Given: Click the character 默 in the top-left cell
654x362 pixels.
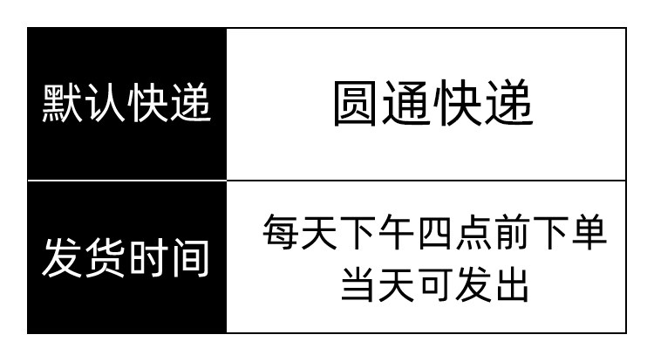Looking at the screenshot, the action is pyautogui.click(x=62, y=103).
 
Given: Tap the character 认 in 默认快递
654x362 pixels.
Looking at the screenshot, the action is pyautogui.click(x=105, y=103).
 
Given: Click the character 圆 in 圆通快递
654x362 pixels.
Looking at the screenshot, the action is pyautogui.click(x=355, y=103).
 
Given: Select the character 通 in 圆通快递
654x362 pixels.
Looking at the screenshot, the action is pyautogui.click(x=405, y=103).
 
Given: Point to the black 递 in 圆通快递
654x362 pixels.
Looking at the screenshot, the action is pyautogui.click(x=509, y=103).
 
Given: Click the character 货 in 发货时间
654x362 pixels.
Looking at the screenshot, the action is pyautogui.click(x=106, y=257).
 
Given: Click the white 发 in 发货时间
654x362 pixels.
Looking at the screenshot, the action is pyautogui.click(x=63, y=257).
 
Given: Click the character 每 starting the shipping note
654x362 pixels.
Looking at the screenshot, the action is pyautogui.click(x=280, y=232).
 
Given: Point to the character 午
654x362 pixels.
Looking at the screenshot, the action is pyautogui.click(x=395, y=232).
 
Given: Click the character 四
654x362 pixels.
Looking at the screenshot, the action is pyautogui.click(x=434, y=232).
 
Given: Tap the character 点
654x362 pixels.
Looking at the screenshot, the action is pyautogui.click(x=473, y=232).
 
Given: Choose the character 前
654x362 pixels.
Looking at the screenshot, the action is pyautogui.click(x=511, y=232).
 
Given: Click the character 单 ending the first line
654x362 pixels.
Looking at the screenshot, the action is pyautogui.click(x=589, y=232).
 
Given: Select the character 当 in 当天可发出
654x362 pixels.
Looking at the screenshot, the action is pyautogui.click(x=357, y=284).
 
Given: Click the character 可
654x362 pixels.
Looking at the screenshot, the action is pyautogui.click(x=434, y=284).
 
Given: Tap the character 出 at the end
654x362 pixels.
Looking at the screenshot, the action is pyautogui.click(x=512, y=284).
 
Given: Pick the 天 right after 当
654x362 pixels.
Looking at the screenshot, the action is pyautogui.click(x=396, y=284).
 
